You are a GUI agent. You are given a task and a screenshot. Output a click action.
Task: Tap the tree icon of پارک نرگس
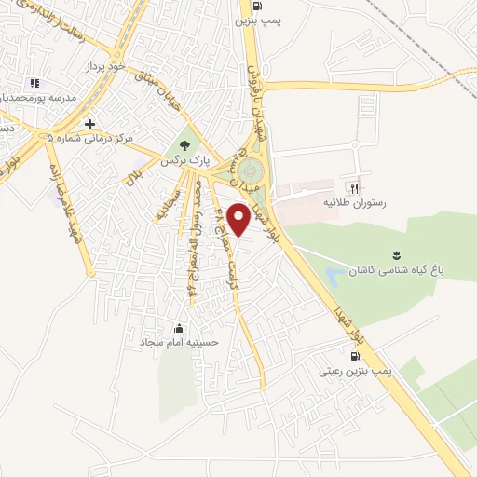coord(184,145)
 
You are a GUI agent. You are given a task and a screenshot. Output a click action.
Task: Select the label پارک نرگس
coord(181,161)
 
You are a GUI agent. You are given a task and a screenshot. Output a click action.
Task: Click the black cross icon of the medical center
coord(89,123)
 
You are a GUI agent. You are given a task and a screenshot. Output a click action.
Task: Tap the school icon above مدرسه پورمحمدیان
coord(34,83)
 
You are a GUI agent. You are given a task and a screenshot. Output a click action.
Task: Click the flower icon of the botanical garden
coord(398,254)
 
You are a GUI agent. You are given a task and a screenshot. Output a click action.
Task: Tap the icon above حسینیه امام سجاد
coord(179,328)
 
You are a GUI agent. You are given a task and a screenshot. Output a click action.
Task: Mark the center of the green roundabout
coord(250,172)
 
